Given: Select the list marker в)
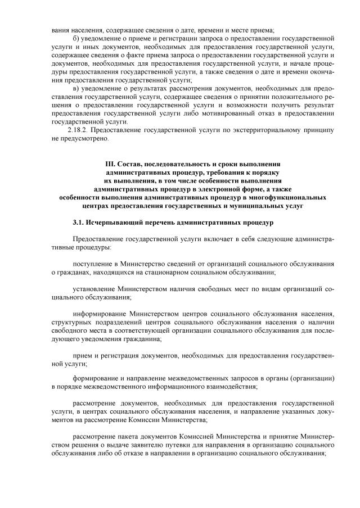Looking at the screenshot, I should [76, 89].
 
